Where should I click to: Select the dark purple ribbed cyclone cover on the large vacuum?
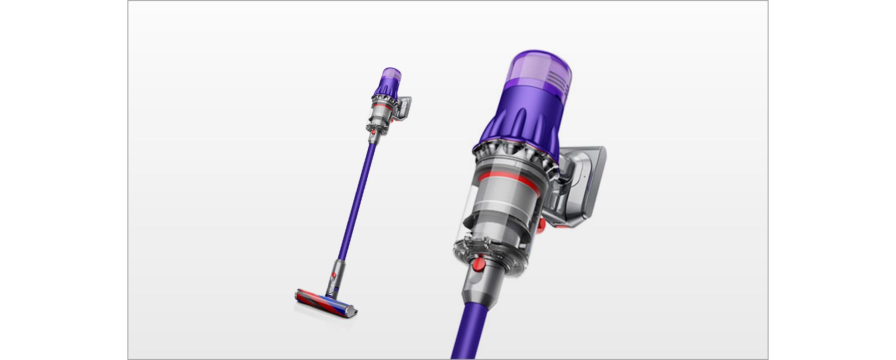coord(518,124)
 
